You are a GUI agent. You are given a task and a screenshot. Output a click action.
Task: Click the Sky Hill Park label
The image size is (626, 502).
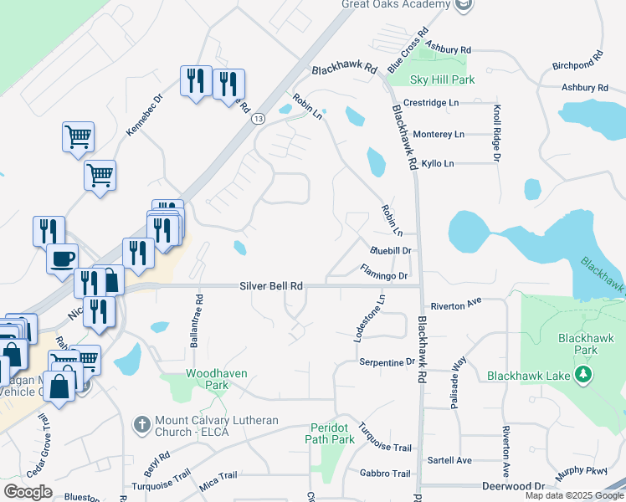[442, 79]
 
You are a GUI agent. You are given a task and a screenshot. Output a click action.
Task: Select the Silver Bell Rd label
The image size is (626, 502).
[271, 285]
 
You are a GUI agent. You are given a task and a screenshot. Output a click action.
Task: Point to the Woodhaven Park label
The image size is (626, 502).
[206, 379]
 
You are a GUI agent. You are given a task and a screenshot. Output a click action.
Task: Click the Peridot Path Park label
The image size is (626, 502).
[331, 433]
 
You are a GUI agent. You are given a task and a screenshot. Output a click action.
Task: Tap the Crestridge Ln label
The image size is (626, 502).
[431, 102]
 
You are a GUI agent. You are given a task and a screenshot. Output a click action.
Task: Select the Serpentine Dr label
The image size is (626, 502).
[387, 362]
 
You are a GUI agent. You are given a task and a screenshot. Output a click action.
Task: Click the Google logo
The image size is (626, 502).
[28, 492]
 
